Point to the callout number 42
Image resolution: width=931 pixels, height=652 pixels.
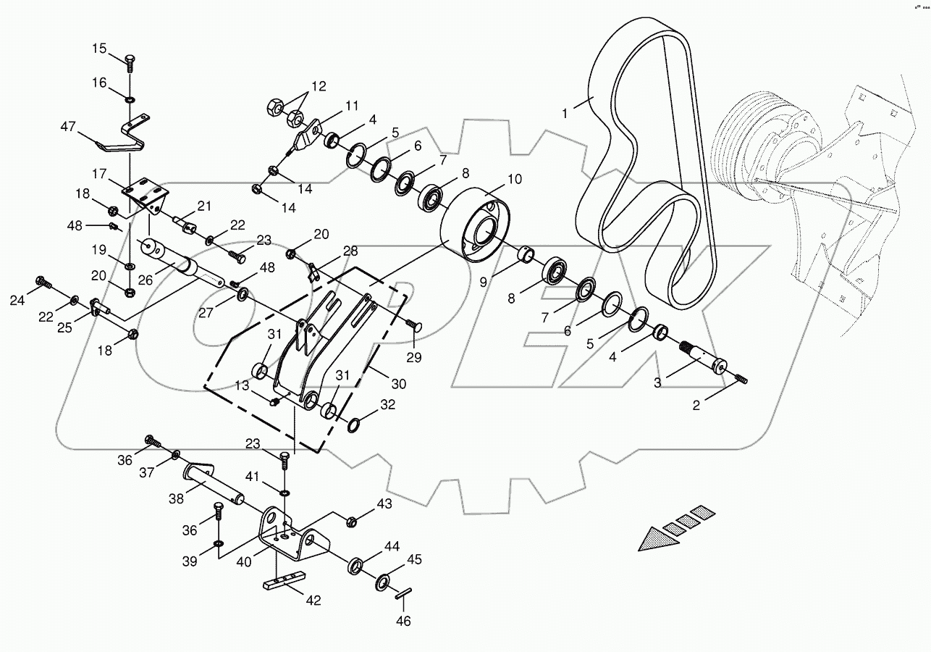tap(314, 600)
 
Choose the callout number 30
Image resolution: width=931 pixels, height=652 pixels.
tap(398, 384)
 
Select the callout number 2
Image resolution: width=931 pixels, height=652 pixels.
tap(696, 406)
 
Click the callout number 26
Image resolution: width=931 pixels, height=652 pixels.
tap(146, 280)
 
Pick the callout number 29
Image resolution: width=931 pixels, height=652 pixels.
tap(413, 357)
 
